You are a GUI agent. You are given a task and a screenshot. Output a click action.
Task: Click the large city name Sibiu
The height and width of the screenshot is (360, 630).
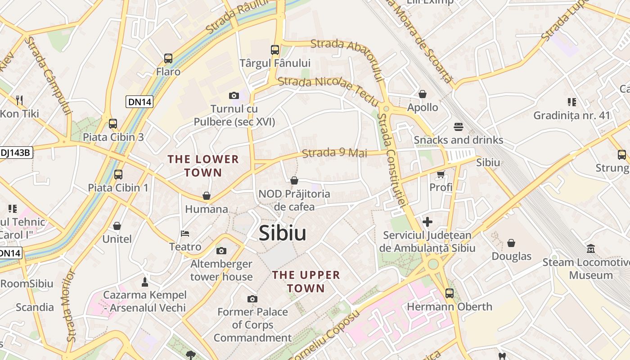(283, 233)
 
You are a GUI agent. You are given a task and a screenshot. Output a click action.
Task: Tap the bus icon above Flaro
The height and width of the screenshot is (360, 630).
(168, 58)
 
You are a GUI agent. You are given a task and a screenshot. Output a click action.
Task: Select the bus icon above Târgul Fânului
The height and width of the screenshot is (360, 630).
(275, 50)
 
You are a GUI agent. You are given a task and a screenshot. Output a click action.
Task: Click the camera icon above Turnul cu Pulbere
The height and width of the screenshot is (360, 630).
(234, 95)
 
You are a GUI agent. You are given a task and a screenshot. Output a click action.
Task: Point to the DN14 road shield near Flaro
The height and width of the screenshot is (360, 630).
(139, 102)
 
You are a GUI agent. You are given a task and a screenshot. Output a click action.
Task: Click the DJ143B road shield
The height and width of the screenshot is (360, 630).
(15, 153)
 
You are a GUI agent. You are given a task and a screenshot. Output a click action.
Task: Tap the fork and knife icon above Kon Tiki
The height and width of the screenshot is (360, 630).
(19, 100)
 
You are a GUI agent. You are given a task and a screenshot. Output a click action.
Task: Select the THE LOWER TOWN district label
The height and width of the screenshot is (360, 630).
(203, 166)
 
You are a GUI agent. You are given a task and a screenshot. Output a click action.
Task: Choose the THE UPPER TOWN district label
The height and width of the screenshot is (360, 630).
(306, 281)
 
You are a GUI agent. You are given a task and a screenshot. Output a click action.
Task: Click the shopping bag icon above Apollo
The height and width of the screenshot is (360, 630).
(423, 94)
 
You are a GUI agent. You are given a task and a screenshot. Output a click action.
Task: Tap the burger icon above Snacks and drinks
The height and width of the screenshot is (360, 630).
(459, 127)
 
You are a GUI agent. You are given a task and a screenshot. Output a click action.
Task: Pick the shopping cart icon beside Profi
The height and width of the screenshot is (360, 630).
(441, 174)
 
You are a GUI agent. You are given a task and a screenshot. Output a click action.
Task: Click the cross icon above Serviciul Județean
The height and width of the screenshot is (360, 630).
(427, 222)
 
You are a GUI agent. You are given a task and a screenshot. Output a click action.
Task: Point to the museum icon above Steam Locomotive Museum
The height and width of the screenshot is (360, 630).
(591, 248)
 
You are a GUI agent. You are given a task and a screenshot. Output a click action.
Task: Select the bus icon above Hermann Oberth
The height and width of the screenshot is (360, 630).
(449, 293)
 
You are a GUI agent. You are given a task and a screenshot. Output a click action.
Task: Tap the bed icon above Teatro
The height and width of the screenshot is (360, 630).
(185, 234)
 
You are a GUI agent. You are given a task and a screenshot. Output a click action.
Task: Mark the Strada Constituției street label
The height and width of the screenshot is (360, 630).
(391, 160)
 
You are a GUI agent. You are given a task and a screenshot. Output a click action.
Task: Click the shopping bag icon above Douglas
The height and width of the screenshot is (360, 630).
(511, 243)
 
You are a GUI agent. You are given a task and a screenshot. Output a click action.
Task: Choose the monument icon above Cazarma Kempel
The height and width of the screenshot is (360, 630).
(145, 282)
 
